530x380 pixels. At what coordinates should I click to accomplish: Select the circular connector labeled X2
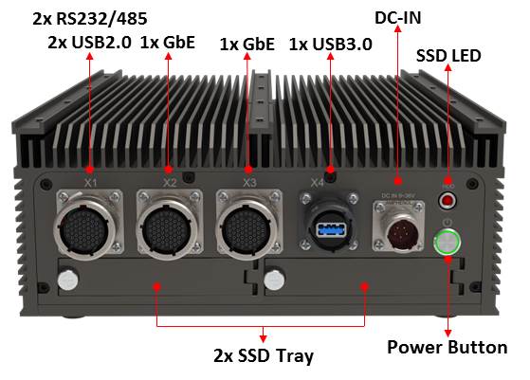coord(167,228)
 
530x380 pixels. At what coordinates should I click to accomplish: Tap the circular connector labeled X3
coord(247,228)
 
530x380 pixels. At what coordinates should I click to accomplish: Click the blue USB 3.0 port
coord(331,229)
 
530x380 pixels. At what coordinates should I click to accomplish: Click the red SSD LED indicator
coord(448,201)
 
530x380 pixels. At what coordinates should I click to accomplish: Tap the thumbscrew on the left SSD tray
coord(68,280)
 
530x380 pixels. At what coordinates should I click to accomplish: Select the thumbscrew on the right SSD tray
coord(274,280)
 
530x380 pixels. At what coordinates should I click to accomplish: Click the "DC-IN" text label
coord(398,18)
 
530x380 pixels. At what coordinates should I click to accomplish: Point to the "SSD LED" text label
coord(448,56)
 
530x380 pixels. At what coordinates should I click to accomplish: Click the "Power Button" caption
coord(447,347)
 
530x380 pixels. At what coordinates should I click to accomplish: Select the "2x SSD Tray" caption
coord(264,355)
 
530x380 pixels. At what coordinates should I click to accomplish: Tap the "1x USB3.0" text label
coord(331,45)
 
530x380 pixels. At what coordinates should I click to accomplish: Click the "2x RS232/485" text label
coord(90,19)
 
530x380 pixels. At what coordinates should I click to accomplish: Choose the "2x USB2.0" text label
coord(89,43)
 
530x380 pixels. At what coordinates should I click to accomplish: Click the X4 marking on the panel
coord(317,183)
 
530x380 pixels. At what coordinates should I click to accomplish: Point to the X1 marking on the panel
coord(91,183)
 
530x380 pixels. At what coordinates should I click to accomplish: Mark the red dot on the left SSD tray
coord(156,287)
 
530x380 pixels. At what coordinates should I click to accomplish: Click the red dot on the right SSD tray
coord(364,287)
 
